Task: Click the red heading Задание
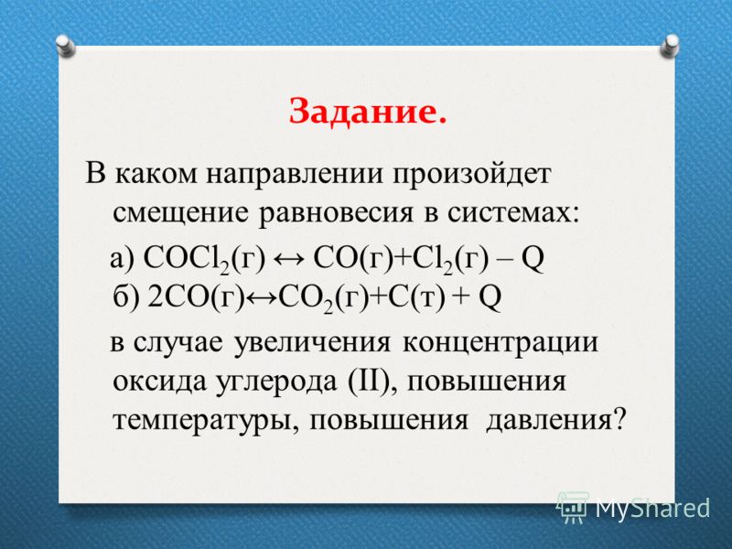tap(368, 113)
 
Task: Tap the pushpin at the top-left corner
tap(65, 47)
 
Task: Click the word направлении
tap(295, 175)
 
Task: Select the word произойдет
tap(471, 175)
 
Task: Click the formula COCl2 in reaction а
tap(186, 258)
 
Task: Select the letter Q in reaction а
tap(533, 259)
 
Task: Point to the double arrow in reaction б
tap(262, 297)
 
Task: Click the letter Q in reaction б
tap(490, 298)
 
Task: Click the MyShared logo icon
tap(573, 507)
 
